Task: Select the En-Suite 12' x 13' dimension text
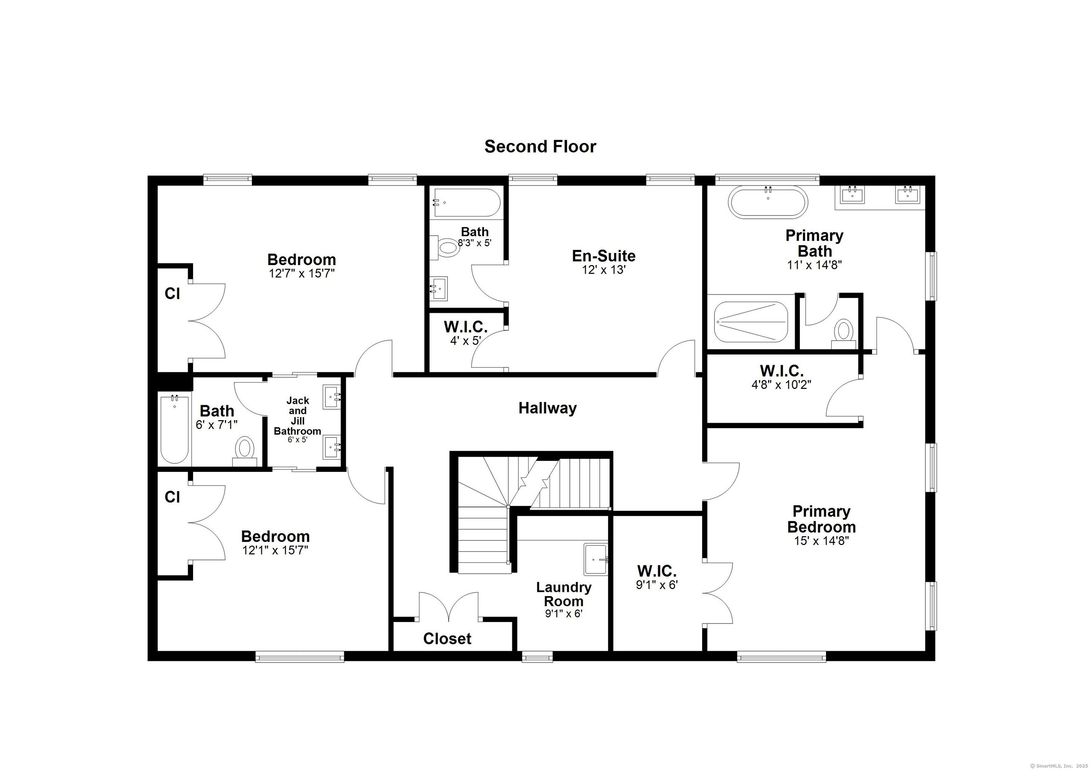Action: click(x=604, y=270)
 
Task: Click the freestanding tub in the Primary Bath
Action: click(x=768, y=202)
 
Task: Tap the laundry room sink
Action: click(x=596, y=560)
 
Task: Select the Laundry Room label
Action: click(x=564, y=594)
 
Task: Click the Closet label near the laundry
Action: click(x=447, y=639)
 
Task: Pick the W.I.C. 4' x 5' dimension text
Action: click(x=466, y=340)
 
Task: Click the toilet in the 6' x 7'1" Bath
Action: click(x=245, y=451)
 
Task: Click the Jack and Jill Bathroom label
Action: click(x=298, y=416)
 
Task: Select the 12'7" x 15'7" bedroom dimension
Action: click(x=302, y=274)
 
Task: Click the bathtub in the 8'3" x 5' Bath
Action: click(x=466, y=203)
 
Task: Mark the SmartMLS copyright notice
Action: click(x=1059, y=765)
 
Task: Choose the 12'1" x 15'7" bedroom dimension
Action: click(x=275, y=551)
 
